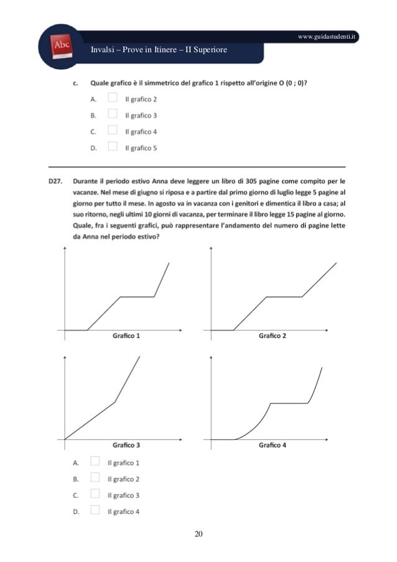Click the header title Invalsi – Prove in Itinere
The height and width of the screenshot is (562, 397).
(159, 50)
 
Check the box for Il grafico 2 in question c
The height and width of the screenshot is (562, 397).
(113, 98)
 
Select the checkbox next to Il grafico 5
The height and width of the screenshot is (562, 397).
(113, 147)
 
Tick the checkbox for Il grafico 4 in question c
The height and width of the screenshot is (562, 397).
(113, 131)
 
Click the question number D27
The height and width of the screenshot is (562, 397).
(58, 181)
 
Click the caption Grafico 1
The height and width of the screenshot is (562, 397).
(126, 337)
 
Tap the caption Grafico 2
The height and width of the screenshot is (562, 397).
(272, 337)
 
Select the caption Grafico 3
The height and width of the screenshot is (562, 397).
(126, 446)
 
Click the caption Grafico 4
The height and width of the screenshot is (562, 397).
(272, 446)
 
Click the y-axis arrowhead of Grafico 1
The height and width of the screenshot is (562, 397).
(65, 250)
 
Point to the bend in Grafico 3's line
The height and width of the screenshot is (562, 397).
(116, 401)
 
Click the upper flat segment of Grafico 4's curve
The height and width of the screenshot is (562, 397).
(289, 403)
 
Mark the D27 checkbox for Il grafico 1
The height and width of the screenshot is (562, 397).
(95, 462)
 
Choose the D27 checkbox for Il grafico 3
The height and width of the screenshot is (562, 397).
(95, 495)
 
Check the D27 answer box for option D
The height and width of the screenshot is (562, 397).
(95, 511)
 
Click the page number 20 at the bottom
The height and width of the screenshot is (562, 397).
(198, 534)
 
